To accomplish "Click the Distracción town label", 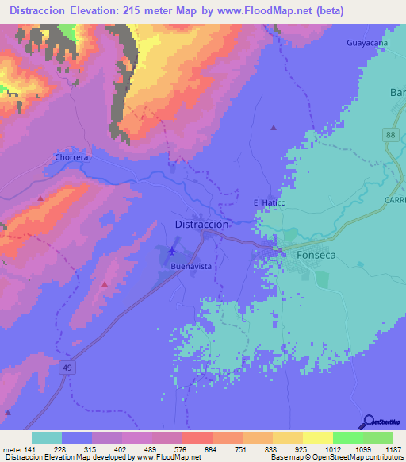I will [x=201, y=225].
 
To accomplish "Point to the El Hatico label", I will [x=269, y=203].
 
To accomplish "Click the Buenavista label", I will [x=191, y=267].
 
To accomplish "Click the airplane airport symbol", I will [x=173, y=252].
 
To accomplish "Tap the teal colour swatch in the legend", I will [x=47, y=437].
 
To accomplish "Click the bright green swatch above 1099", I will [x=347, y=437].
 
